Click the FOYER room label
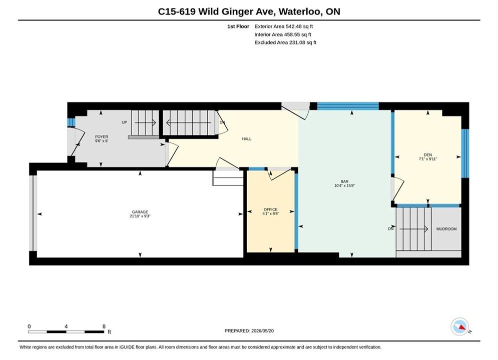point(102,136)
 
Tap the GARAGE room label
point(140,212)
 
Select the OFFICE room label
point(271,209)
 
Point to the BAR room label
point(345,181)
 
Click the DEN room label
point(428,155)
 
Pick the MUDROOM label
point(446,228)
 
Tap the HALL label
point(246,138)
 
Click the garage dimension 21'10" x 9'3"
point(140,216)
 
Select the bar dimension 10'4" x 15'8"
point(345,185)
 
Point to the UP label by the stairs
point(125,122)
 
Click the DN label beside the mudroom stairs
point(391,228)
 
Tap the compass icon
point(459,326)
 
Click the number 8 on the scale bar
point(104,326)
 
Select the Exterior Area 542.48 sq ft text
point(284,26)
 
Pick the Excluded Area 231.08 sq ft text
point(285,42)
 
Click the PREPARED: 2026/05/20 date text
point(249,330)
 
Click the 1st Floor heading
point(238,26)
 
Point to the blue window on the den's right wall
point(465,153)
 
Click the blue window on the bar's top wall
point(348,106)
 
